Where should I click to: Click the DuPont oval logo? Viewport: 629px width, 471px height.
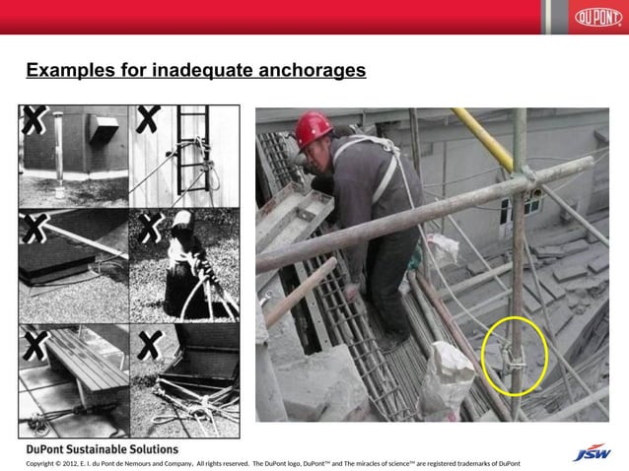point(596,18)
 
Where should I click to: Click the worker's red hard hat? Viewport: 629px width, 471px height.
point(314,126)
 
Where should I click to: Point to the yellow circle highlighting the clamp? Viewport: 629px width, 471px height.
point(514,357)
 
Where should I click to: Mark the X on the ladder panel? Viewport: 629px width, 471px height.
point(149,120)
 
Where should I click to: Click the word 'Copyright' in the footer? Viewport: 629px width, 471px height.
point(43,463)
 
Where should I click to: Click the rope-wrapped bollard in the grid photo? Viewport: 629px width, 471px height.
point(183,266)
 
